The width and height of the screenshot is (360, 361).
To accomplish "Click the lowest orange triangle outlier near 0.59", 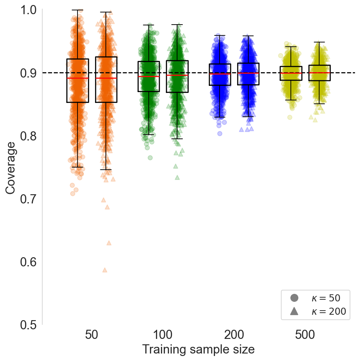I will (x=105, y=270).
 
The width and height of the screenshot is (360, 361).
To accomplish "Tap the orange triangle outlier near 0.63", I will (x=109, y=243).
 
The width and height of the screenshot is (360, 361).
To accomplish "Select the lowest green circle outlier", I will (x=150, y=158).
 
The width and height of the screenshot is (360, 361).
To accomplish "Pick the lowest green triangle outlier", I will (x=177, y=177).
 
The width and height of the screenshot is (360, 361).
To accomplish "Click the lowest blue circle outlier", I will (x=220, y=133).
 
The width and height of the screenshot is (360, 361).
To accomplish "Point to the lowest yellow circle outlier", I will (x=290, y=117).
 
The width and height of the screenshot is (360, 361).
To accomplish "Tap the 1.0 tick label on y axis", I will (x=28, y=9).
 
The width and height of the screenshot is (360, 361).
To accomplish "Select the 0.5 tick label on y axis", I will (x=28, y=325).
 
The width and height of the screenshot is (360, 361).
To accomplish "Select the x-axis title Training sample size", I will (x=198, y=349).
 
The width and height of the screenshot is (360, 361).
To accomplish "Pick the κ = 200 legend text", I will (x=328, y=311).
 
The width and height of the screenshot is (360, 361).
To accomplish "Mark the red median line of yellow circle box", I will (x=291, y=73).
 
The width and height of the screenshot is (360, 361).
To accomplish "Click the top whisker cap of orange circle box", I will (x=77, y=10).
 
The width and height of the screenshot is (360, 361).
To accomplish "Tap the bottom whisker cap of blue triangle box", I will (x=248, y=117).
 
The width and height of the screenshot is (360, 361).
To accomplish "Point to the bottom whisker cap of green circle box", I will (x=149, y=135).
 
